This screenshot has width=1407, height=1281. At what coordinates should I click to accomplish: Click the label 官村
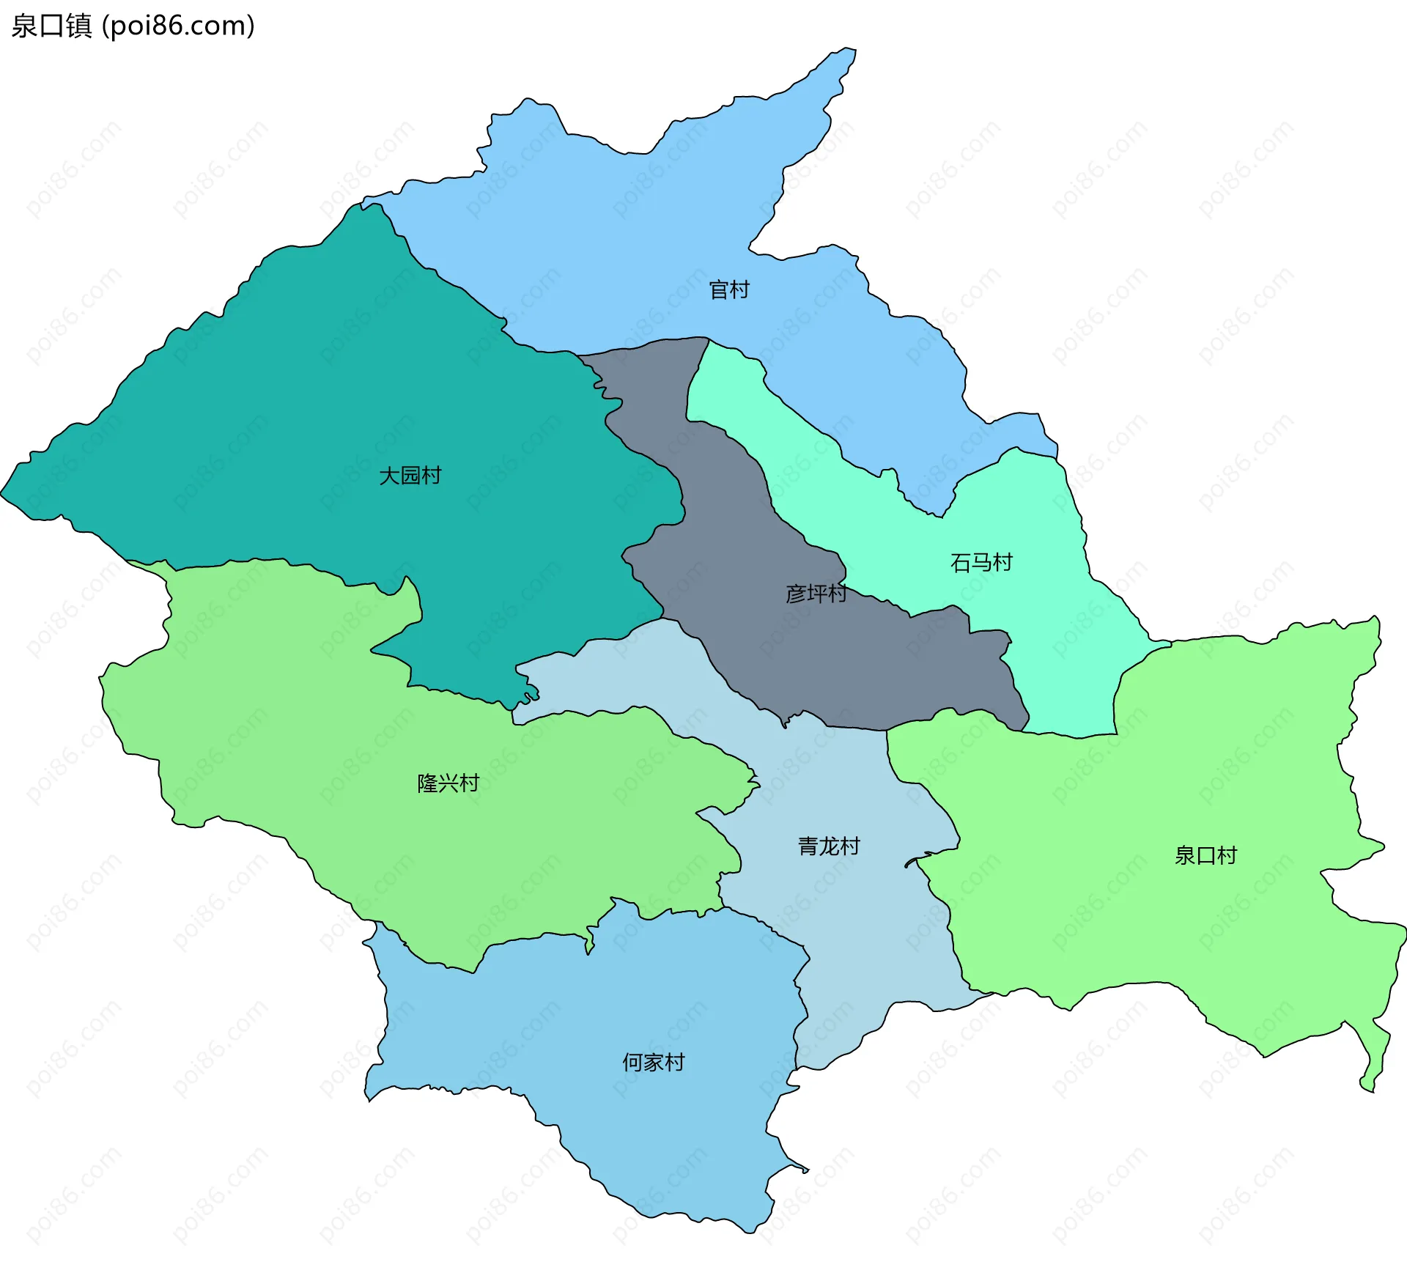(729, 290)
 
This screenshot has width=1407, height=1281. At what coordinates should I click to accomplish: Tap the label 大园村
(410, 476)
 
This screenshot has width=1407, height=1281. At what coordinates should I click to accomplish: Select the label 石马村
(981, 563)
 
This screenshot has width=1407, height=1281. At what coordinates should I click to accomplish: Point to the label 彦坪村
(816, 594)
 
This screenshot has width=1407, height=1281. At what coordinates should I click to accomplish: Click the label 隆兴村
(448, 783)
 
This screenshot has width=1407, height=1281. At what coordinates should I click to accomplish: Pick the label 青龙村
(829, 847)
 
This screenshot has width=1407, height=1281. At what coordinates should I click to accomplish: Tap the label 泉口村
(1205, 856)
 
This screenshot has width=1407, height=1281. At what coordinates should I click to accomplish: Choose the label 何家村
(653, 1063)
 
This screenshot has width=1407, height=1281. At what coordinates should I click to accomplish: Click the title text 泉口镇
(51, 26)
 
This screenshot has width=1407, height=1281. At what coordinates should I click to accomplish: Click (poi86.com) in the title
(178, 26)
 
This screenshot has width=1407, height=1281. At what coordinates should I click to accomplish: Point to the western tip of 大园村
(4, 492)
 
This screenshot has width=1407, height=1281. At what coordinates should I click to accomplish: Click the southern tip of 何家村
(747, 1231)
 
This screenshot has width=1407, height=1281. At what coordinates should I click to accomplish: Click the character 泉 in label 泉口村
(1185, 856)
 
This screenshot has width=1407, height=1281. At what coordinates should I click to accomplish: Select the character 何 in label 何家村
(632, 1063)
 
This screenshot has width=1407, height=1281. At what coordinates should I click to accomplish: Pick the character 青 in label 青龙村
(808, 847)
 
